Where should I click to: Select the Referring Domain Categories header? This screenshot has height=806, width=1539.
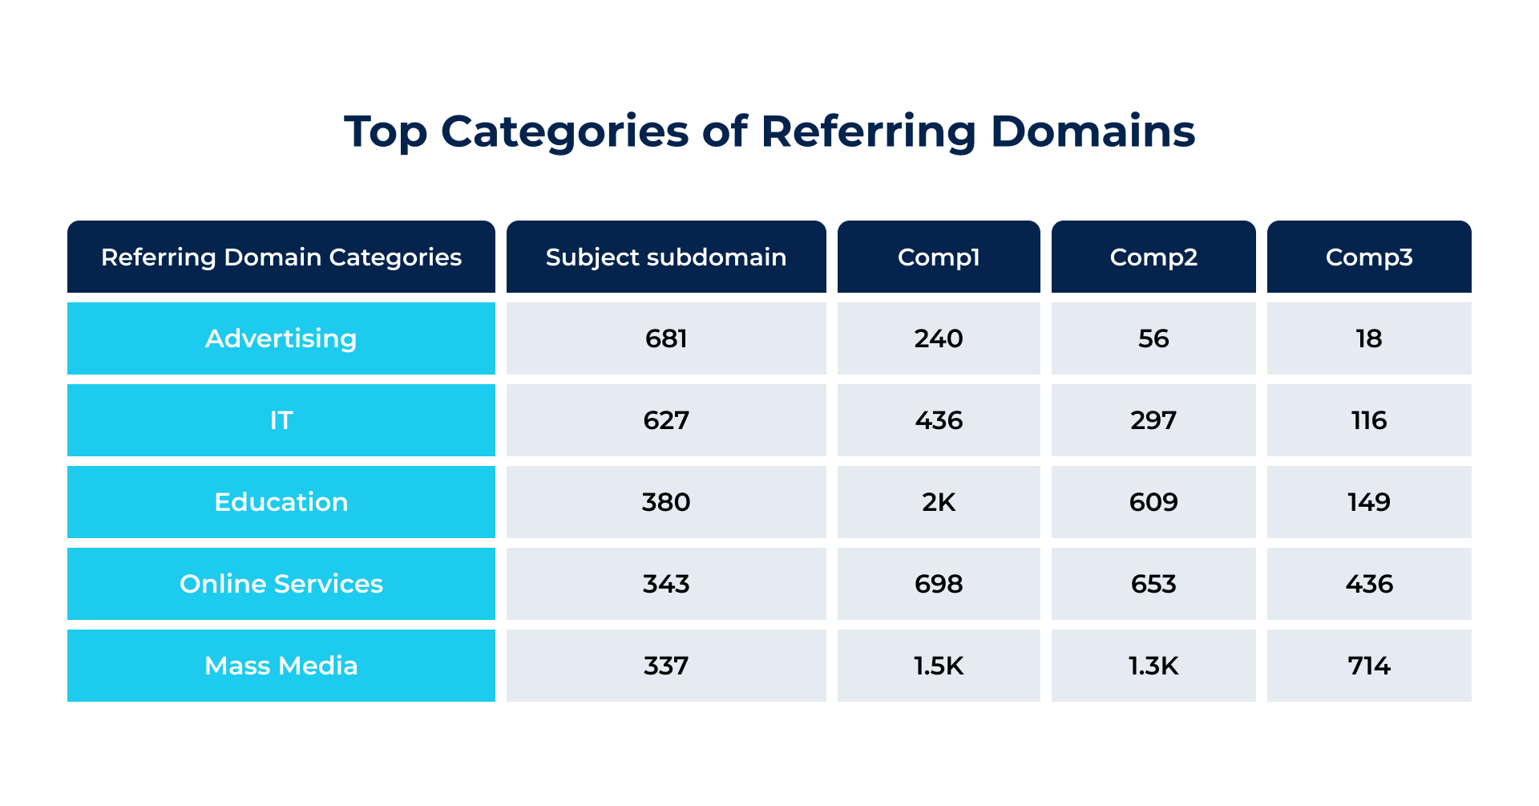coord(281,257)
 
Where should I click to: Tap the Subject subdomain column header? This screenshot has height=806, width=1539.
coord(666,257)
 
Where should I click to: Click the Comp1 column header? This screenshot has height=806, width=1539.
coord(939,257)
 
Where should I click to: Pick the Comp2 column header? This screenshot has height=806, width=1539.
coord(1153,257)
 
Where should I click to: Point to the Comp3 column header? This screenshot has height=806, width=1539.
coord(1369,257)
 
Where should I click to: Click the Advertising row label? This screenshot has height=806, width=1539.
coord(281,338)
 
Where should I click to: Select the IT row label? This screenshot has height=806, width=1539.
coord(281,420)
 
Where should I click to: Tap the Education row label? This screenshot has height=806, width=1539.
coord(281,502)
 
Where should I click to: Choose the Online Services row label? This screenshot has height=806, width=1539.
coord(281,584)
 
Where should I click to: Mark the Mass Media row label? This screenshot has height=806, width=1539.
coord(281,666)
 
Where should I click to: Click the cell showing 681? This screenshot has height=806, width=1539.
coord(666,338)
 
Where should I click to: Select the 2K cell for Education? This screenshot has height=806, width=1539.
coord(939,502)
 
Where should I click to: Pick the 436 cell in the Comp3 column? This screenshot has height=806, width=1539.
coord(1369,584)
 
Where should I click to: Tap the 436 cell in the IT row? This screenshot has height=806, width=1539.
coord(939,420)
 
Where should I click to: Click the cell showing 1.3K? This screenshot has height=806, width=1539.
coord(1153,666)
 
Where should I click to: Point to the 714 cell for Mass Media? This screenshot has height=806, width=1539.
coord(1369,666)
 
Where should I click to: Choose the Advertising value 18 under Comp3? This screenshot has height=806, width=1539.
coord(1369,338)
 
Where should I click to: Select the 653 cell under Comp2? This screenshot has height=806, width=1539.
coord(1153,584)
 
